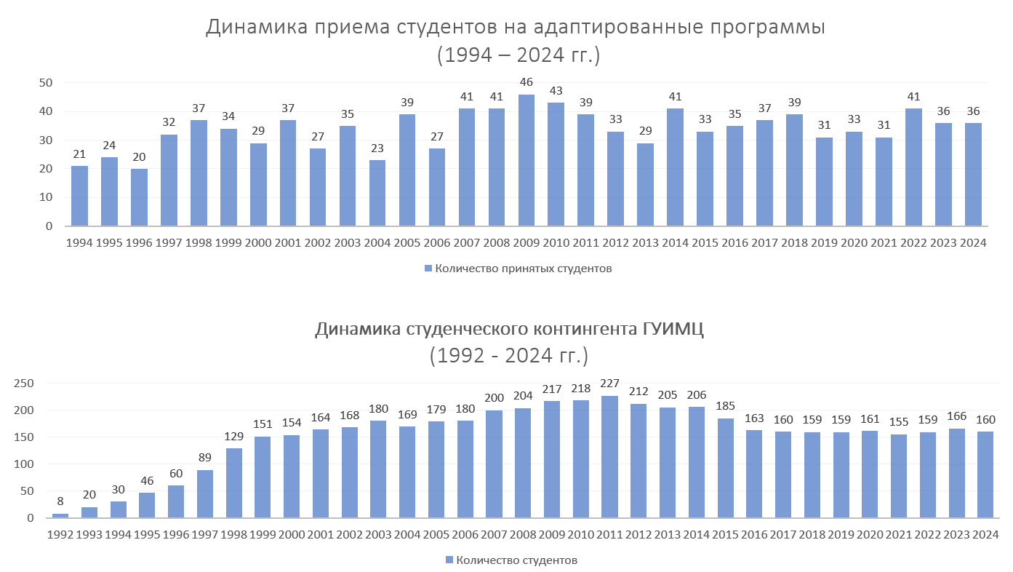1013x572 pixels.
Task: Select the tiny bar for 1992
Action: click(60, 515)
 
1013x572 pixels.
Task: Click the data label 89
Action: click(205, 457)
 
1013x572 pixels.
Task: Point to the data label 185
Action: click(725, 405)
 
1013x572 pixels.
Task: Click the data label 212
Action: click(638, 391)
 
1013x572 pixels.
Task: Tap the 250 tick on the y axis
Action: click(24, 383)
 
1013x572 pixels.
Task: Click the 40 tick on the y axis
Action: click(45, 111)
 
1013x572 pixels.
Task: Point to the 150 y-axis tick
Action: click(24, 437)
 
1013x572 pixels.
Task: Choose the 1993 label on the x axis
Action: click(89, 535)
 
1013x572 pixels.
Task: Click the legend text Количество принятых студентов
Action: click(523, 269)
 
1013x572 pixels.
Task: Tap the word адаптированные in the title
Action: click(606, 28)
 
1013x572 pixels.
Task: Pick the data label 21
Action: click(79, 154)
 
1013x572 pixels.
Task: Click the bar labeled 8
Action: click(60, 515)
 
